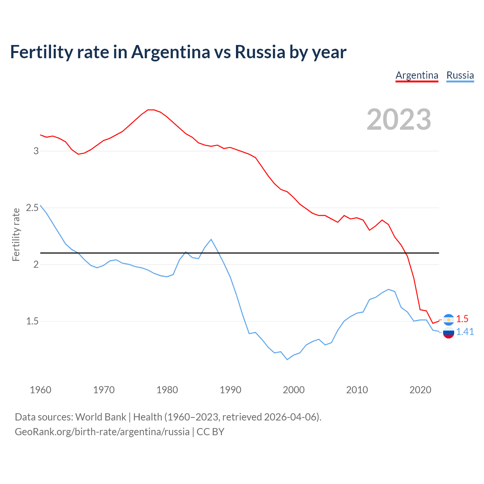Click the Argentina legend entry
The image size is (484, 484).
point(417,75)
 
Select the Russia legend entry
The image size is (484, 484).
point(460,75)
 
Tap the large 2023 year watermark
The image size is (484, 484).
point(399,119)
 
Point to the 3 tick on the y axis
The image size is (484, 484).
point(36,151)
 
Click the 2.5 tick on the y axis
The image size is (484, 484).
point(33,208)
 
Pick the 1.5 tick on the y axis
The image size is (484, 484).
point(33,321)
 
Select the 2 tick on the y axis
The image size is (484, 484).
point(36,264)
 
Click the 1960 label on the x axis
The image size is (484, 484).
point(40,390)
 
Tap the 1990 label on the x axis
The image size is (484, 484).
point(230,390)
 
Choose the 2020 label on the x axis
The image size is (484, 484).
point(420,390)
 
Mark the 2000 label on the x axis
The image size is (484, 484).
point(293,390)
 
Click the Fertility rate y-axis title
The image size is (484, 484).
point(16,234)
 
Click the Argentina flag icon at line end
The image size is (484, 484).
point(448,320)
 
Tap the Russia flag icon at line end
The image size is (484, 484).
point(448,333)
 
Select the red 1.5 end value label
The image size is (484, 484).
point(462,319)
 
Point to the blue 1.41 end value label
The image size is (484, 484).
point(465,332)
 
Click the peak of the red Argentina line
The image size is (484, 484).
point(151,110)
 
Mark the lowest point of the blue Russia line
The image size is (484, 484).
point(287,360)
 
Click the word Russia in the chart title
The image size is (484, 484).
point(260,52)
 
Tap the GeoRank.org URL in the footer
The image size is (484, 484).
point(102,432)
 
